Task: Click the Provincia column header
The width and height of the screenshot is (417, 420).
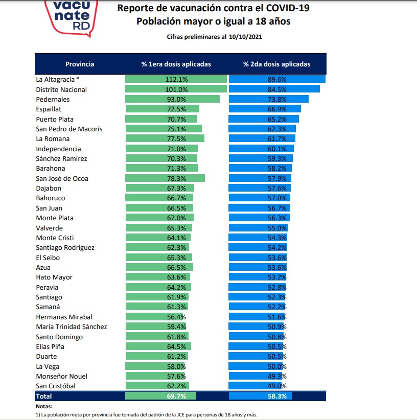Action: (x=80, y=64)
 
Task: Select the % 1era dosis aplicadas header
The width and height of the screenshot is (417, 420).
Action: (x=176, y=64)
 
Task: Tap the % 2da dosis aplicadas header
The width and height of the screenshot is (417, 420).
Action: (x=276, y=64)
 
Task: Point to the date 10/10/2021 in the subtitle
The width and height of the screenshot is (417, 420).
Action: (x=245, y=37)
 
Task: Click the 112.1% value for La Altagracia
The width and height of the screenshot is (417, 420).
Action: (x=176, y=79)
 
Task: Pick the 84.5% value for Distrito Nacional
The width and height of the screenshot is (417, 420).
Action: (x=277, y=89)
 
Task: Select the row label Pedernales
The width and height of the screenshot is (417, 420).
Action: (x=53, y=99)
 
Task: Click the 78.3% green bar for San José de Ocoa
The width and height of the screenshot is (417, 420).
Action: (x=165, y=178)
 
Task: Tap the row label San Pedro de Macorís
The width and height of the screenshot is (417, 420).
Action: (x=69, y=129)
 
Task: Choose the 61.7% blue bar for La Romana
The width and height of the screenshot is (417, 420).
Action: (x=262, y=139)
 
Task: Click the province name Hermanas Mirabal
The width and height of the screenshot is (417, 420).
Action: (x=64, y=317)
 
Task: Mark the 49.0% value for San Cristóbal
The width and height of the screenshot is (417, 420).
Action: (x=277, y=386)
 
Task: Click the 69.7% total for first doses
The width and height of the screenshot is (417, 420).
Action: (x=176, y=396)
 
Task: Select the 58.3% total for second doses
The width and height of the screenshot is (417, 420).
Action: (x=277, y=396)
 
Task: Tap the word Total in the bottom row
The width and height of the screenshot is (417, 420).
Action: (x=43, y=396)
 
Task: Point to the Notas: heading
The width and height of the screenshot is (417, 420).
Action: (x=44, y=406)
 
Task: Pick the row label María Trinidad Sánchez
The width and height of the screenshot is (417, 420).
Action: (x=71, y=327)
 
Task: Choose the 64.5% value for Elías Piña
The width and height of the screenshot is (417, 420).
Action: (x=176, y=346)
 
